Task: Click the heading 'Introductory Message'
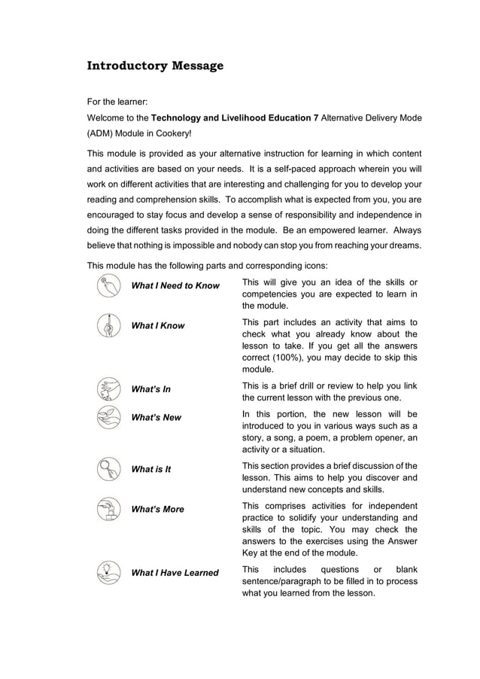(155, 65)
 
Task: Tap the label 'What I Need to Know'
(175, 286)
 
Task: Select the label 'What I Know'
(158, 326)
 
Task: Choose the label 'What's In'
(151, 389)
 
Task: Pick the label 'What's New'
(156, 417)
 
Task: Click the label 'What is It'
(151, 469)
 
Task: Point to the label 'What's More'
(158, 509)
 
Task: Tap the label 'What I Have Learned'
(175, 573)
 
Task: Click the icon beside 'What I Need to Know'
(108, 286)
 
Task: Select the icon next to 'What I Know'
(108, 326)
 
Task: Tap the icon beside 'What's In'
(108, 389)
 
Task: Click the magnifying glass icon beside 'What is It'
(108, 469)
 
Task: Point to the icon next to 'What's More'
(108, 509)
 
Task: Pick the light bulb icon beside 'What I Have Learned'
(108, 573)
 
